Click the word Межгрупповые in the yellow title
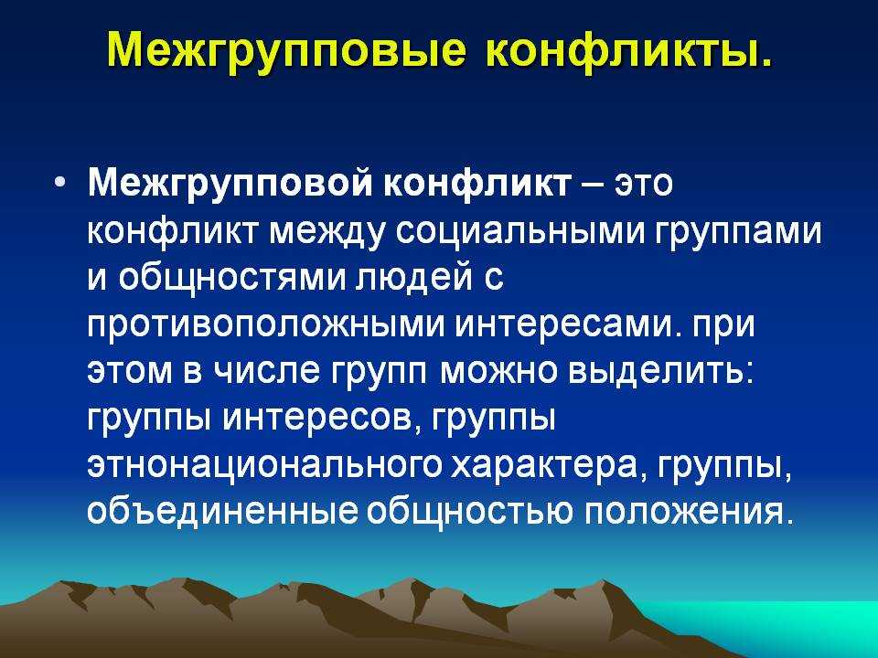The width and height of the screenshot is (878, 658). (x=286, y=49)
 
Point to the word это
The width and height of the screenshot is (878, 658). (x=643, y=184)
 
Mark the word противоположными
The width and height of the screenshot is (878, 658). (x=265, y=326)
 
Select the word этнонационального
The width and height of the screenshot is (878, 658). (x=264, y=465)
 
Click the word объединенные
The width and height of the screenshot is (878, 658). (x=221, y=510)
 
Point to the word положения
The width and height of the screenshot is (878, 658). (x=689, y=511)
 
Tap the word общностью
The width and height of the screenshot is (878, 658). (x=470, y=511)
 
